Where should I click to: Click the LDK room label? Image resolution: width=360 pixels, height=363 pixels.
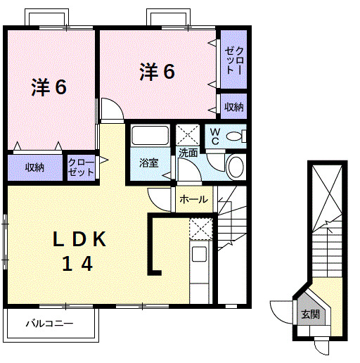79,239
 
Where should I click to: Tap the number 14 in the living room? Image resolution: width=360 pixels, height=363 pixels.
79,264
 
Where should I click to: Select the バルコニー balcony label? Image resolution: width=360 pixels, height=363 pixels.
51,324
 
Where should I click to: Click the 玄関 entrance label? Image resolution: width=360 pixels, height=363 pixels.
310,314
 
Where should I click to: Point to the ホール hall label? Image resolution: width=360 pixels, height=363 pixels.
193,200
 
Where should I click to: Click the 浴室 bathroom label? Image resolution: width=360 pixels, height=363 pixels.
148,163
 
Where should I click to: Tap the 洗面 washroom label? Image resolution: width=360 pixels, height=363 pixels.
188,152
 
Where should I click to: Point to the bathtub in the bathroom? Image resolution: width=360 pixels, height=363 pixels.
149,136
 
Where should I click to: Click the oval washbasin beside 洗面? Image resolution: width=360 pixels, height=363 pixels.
236,167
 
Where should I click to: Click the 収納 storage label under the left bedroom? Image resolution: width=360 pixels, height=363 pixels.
35,167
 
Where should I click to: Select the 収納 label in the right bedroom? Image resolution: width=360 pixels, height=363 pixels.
234,107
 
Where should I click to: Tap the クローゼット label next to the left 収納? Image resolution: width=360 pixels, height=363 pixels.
81,167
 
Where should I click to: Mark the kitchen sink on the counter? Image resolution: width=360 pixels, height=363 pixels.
199,254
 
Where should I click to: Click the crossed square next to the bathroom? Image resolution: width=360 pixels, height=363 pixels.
187,134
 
